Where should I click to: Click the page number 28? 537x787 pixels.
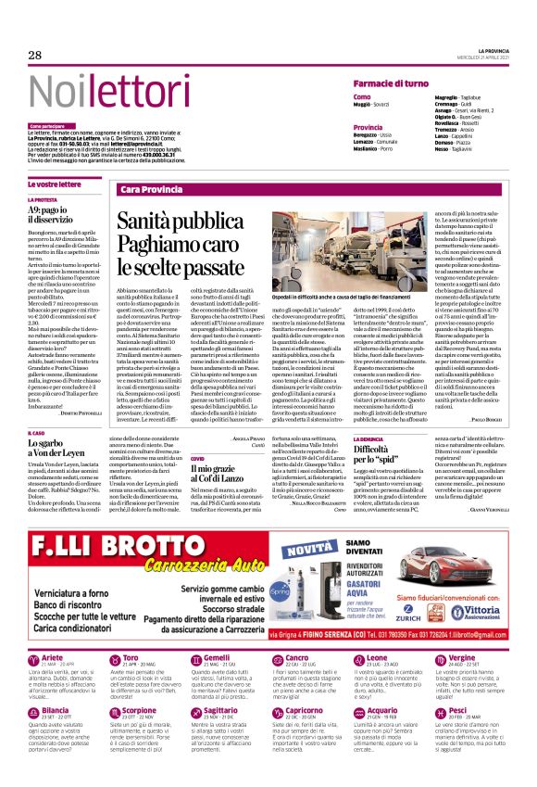click(35, 56)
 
